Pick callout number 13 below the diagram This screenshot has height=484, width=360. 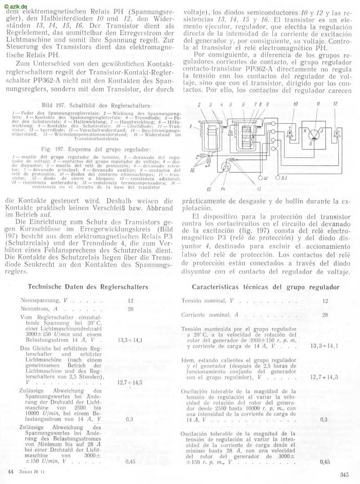(x=259, y=189)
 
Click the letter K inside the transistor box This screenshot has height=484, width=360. (x=305, y=130)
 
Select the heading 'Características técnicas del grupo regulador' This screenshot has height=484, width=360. (x=265, y=287)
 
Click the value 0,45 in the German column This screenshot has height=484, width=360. (x=130, y=461)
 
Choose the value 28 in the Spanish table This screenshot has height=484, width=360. (x=325, y=315)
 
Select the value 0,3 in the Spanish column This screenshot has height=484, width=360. (x=324, y=420)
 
